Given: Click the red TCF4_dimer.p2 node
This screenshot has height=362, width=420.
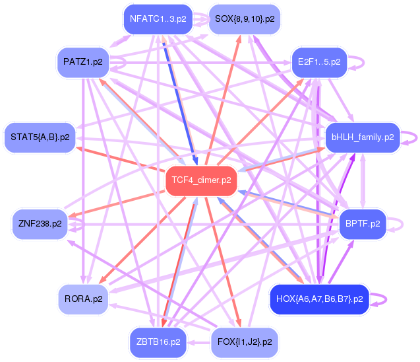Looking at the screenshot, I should (x=200, y=180).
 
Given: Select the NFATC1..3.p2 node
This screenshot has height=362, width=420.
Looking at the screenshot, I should (x=158, y=18).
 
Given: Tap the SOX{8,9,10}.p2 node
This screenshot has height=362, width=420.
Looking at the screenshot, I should (x=245, y=18).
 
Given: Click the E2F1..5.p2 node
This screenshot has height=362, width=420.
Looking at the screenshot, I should (x=319, y=62).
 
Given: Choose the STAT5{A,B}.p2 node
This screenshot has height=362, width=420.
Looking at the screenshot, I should (x=40, y=137).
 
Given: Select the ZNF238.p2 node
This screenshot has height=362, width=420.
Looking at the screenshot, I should (x=40, y=223).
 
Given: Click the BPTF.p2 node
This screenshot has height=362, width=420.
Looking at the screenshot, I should (x=363, y=223).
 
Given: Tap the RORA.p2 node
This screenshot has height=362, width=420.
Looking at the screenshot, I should (x=83, y=299).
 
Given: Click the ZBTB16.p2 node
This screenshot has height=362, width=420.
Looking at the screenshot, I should (x=158, y=342).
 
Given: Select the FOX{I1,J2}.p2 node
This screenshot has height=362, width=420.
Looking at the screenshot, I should (x=245, y=342).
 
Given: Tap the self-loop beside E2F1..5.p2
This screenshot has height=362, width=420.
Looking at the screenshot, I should (x=362, y=62).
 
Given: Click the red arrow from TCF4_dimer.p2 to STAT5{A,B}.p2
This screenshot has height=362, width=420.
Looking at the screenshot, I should (x=119, y=158).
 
